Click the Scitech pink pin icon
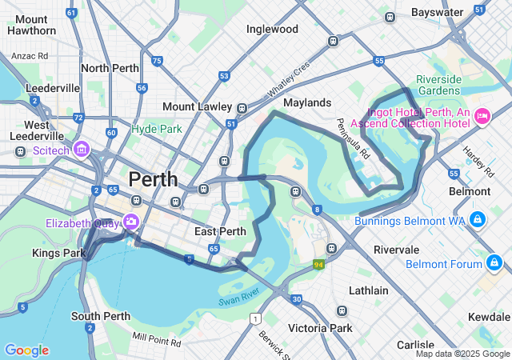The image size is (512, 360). tap(81, 150)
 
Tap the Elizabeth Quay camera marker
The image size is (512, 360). tap(130, 222)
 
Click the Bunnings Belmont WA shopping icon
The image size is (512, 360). tap(477, 219)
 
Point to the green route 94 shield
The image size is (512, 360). tap(319, 264)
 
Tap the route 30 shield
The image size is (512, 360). tap(297, 299)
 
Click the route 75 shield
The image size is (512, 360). tap(157, 61)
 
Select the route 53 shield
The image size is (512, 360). tap(224, 77)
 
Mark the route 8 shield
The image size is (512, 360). tap(317, 210)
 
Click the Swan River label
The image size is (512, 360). tap(238, 299)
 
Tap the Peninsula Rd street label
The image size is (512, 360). tap(352, 138)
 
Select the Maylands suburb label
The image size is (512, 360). tap(307, 103)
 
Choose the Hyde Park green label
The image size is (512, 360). tap(157, 128)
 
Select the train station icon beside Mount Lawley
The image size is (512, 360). tap(242, 107)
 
